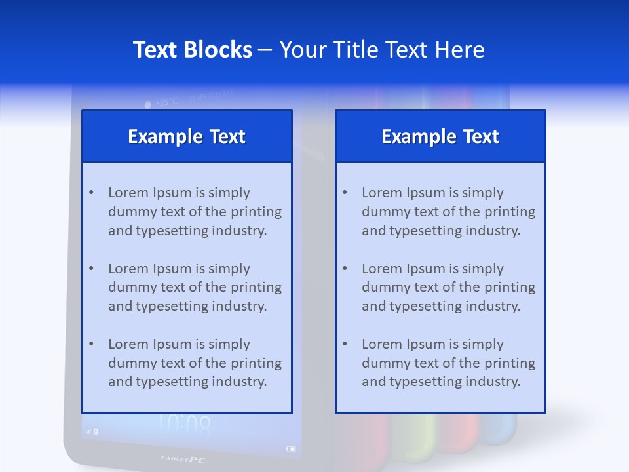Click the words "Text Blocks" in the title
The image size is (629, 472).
pyautogui.click(x=192, y=50)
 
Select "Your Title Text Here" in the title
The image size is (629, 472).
pyautogui.click(x=382, y=50)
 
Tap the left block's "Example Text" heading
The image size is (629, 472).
pyautogui.click(x=187, y=136)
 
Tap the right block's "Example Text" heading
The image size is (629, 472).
pyautogui.click(x=440, y=136)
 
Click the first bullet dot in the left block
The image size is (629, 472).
pyautogui.click(x=91, y=193)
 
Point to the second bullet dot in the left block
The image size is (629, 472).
pyautogui.click(x=91, y=269)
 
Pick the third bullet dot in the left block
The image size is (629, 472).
pyautogui.click(x=91, y=344)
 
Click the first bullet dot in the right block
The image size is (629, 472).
pyautogui.click(x=345, y=193)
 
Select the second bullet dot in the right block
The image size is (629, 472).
pyautogui.click(x=345, y=269)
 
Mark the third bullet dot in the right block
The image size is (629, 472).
pyautogui.click(x=345, y=344)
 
